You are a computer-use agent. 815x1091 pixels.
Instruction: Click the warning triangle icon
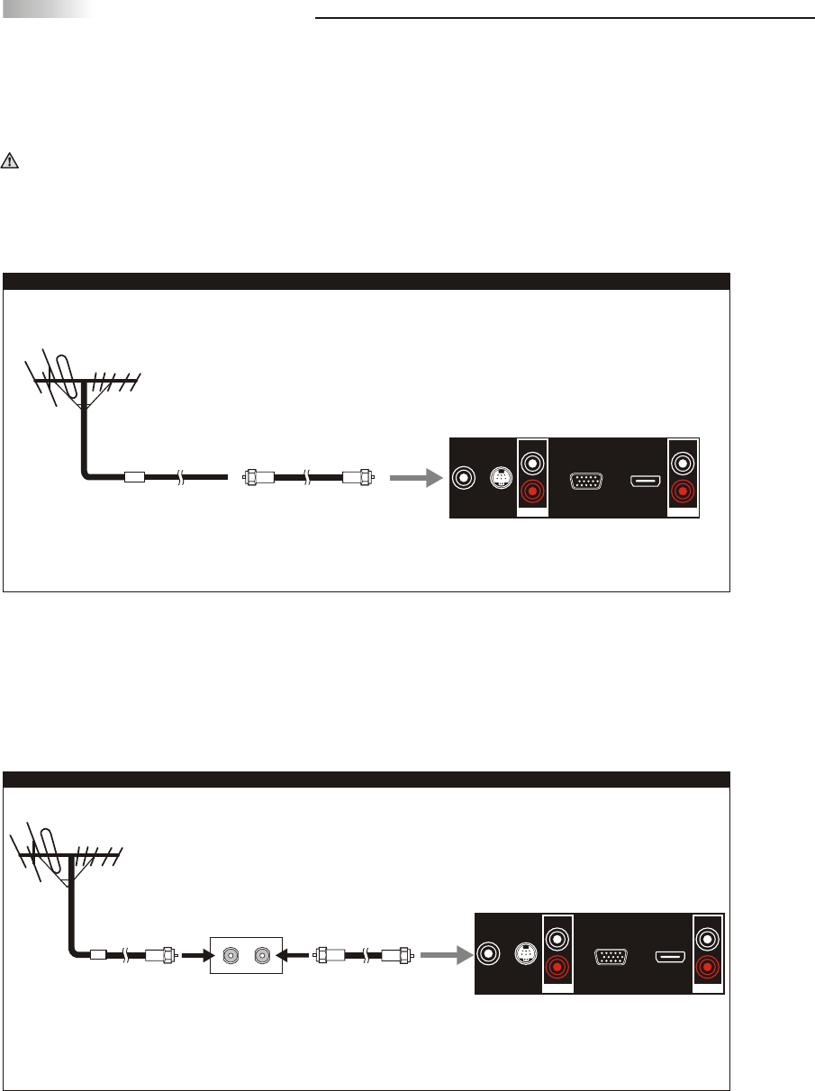tap(10, 162)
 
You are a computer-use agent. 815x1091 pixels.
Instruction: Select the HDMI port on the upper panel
tap(646, 480)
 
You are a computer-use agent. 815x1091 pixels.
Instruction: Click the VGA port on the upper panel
tap(586, 480)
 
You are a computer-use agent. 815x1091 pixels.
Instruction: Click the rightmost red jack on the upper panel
tap(684, 492)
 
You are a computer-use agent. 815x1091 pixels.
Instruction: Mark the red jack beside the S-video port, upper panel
tap(533, 492)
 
